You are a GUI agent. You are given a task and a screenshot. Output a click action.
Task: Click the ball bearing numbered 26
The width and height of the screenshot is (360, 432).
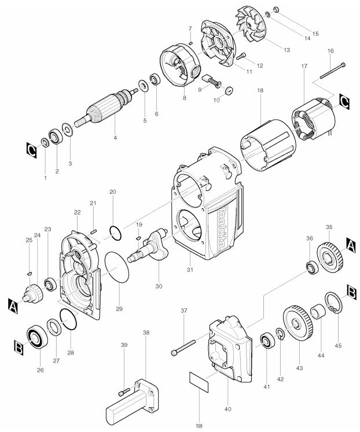point(39,336)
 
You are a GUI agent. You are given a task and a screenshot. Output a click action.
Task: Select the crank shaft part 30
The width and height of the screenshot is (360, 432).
point(150,245)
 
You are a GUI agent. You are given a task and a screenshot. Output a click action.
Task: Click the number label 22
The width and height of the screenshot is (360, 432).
point(77,212)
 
